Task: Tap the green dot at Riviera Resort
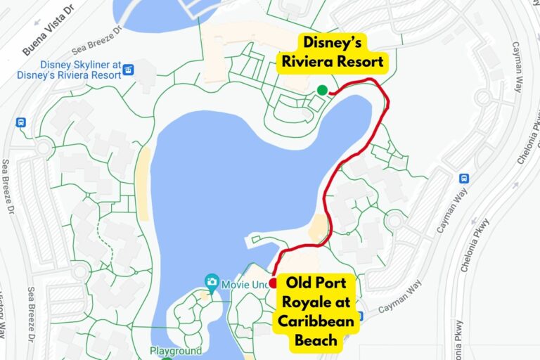pos(322,89)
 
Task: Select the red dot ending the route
pos(273,283)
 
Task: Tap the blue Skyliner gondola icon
pos(128,70)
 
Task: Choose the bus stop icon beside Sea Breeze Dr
pos(20,122)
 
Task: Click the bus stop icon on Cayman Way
pos(464,179)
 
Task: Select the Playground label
pos(175,350)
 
